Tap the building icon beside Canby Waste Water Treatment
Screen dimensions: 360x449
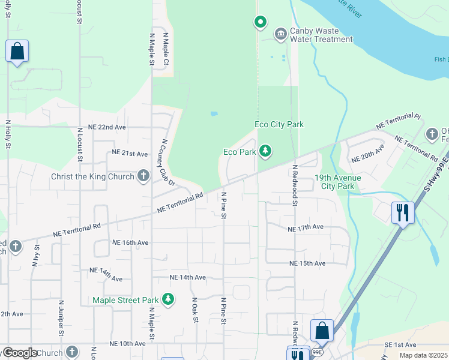point(280,33)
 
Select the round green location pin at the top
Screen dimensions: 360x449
point(260,23)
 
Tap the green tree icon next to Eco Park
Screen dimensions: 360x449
point(264,152)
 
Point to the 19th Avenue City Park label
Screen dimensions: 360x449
point(334,182)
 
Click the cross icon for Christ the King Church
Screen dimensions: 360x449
point(143,175)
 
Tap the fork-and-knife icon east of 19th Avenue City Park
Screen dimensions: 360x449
point(403,212)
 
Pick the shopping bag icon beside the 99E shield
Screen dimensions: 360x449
point(322,330)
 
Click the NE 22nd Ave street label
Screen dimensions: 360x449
point(107,127)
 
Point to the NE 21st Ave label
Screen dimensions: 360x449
point(129,154)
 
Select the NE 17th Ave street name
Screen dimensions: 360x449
point(306,229)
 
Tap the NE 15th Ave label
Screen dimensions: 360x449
point(307,263)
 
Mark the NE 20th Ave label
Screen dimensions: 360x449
point(367,154)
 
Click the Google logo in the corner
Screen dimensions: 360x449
point(20,353)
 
